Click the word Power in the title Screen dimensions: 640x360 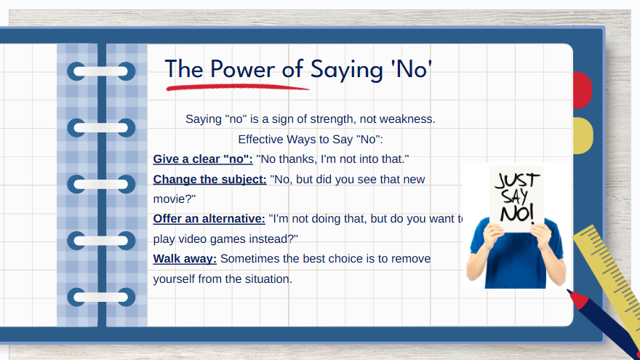(x=242, y=69)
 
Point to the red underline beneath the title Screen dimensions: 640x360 (x=238, y=87)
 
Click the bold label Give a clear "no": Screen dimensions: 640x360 (x=203, y=159)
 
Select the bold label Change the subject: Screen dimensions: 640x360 (x=209, y=179)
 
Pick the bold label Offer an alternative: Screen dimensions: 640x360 (x=209, y=219)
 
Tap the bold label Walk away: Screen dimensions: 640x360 (x=185, y=259)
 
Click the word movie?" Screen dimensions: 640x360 (x=175, y=199)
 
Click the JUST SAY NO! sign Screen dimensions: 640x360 (x=517, y=199)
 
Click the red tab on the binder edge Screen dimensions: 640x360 (x=583, y=90)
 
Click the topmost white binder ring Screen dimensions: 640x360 (x=101, y=71)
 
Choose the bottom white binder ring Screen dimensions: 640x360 (x=101, y=297)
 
